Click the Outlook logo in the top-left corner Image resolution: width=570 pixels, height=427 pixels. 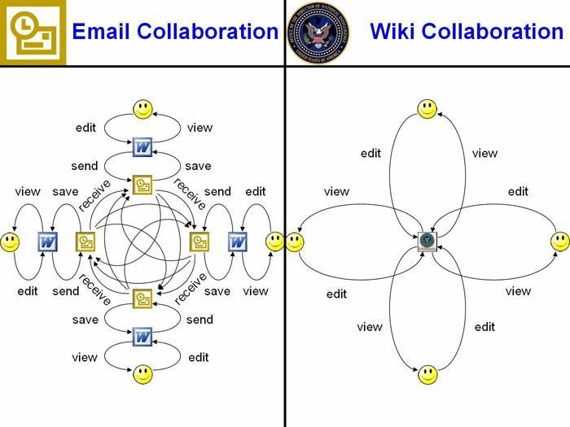coord(33,33)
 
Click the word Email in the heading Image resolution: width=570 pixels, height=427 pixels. coord(100,33)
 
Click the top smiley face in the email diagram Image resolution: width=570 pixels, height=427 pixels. coord(143,108)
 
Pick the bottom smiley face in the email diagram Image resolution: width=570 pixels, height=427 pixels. coord(143,374)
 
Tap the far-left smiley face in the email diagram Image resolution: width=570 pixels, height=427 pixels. coord(10,242)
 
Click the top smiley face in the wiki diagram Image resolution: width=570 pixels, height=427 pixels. coord(427,108)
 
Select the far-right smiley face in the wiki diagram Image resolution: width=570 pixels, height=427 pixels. coord(559,242)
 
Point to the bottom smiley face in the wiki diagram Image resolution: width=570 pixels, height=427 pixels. coord(427,375)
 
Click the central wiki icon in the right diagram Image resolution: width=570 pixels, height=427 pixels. coord(427,242)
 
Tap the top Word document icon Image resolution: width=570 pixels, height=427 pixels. coord(143,148)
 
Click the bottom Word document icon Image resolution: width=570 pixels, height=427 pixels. coord(143,336)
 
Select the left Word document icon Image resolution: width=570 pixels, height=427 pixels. coord(48,242)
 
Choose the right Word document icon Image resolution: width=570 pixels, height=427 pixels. coord(237,242)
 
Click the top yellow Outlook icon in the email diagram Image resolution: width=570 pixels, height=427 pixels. coord(143,185)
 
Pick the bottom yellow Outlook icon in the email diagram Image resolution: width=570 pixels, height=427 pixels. coord(143,298)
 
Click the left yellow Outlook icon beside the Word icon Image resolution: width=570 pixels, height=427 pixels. coord(85,242)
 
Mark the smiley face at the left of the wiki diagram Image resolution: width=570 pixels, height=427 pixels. coord(295,242)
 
